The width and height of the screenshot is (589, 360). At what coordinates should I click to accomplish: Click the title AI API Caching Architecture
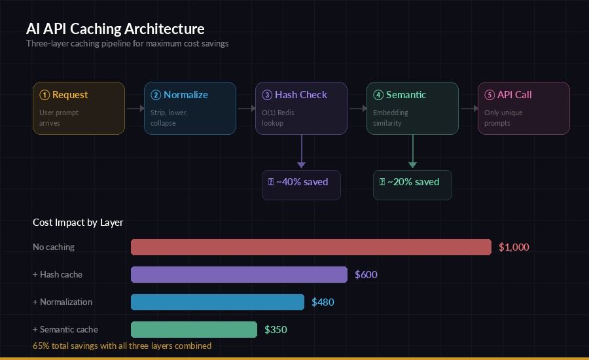115,29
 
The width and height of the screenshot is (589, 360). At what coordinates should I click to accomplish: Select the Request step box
79,108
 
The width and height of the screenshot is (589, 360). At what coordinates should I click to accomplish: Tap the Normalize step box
190,108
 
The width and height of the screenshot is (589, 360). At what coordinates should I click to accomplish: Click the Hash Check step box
301,108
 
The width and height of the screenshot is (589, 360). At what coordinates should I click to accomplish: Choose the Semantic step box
412,108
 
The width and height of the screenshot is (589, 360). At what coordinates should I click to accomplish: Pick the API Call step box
524,108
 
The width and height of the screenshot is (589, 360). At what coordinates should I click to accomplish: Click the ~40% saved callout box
301,185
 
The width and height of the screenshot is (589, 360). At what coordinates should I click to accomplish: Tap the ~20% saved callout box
412,185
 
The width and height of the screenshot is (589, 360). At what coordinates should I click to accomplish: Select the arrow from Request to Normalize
134,108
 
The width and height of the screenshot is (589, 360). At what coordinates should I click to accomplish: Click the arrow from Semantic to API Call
468,108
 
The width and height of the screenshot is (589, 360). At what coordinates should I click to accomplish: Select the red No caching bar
311,247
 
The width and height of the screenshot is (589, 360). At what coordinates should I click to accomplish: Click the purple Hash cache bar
239,274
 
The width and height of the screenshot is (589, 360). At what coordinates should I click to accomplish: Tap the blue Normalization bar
217,302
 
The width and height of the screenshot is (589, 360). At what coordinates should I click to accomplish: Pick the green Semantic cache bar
194,329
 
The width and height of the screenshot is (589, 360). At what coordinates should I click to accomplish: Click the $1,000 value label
514,247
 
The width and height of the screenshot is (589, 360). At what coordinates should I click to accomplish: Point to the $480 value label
323,302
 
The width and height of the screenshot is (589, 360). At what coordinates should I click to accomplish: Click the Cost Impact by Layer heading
78,223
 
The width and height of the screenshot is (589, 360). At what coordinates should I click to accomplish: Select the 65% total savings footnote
122,346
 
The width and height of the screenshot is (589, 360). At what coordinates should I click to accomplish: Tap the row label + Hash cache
58,274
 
